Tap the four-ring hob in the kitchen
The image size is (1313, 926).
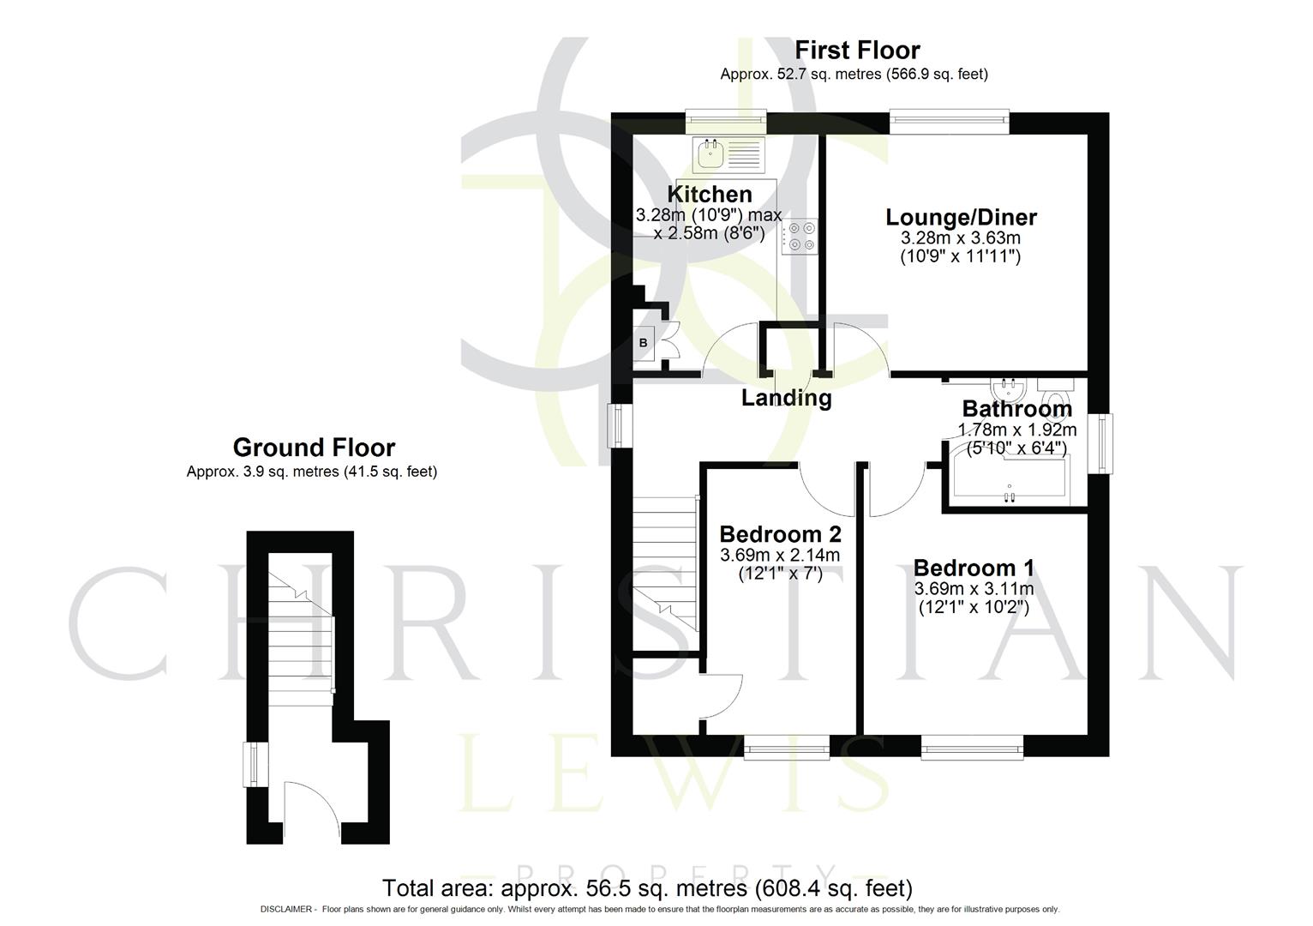(800, 236)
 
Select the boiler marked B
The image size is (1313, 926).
(644, 343)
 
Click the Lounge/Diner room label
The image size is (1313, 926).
(961, 217)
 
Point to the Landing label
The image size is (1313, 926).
(786, 398)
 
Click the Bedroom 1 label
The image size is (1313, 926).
(974, 568)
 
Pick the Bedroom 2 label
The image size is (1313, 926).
(780, 534)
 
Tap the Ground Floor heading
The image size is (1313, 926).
(314, 448)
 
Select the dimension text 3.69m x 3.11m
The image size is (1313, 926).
(974, 589)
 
